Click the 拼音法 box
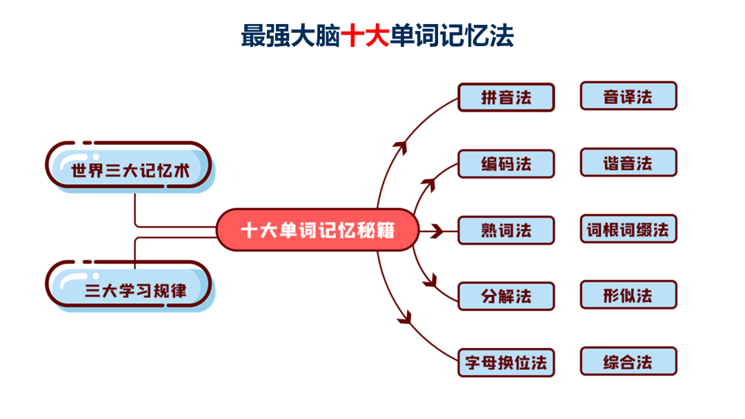click(506, 97)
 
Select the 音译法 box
click(628, 96)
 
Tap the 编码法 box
click(506, 164)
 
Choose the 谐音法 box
click(628, 163)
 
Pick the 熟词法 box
click(506, 230)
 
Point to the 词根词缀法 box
click(628, 229)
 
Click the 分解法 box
click(506, 296)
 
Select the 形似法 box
click(628, 295)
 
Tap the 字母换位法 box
click(506, 362)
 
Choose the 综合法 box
click(628, 361)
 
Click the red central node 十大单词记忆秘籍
click(317, 230)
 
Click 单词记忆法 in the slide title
click(452, 36)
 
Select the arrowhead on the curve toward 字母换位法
click(404, 318)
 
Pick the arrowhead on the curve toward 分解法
click(432, 280)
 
